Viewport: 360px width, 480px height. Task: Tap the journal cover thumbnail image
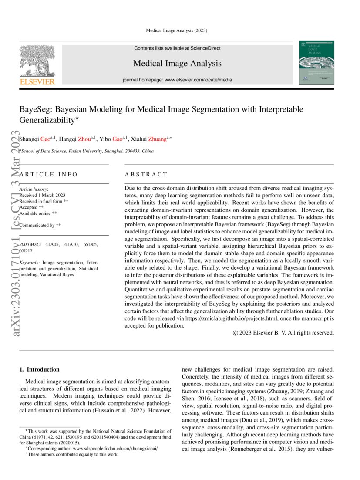(317, 62)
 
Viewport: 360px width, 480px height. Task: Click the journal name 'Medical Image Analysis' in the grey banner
(177, 64)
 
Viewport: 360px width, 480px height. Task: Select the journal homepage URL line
(177, 80)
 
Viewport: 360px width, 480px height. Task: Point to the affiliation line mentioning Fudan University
(87, 151)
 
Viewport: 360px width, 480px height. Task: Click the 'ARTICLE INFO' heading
(49, 174)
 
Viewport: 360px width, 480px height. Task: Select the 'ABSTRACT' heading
(146, 174)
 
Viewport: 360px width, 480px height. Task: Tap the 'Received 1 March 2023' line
(43, 195)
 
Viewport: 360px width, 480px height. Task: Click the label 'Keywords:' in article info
(30, 263)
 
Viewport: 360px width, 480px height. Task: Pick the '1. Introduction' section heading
(40, 369)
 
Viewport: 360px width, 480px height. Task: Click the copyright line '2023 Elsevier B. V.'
(283, 333)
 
